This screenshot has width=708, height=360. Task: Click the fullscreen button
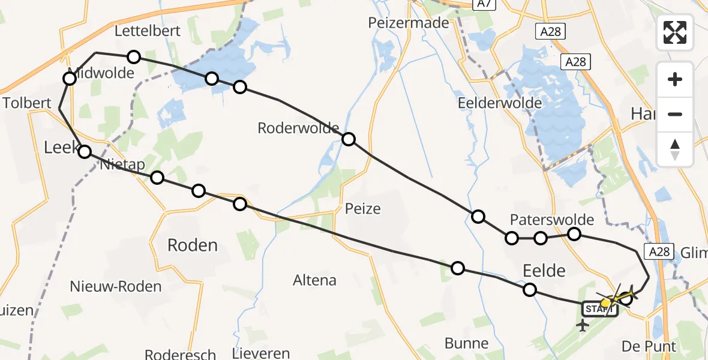coord(675,32)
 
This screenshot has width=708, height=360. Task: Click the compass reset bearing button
coord(675,149)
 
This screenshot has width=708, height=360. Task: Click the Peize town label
coord(362,209)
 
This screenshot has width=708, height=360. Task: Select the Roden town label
coord(192,245)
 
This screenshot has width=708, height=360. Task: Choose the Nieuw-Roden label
coord(116,286)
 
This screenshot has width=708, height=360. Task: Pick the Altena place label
coord(314,280)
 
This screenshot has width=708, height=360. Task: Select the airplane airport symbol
coord(581,326)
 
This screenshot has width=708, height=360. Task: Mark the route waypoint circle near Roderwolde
coord(348,139)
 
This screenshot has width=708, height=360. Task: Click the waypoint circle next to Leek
coord(85,152)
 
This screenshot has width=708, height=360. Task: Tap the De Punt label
coord(649,346)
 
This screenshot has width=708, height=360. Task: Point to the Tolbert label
coord(27,103)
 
